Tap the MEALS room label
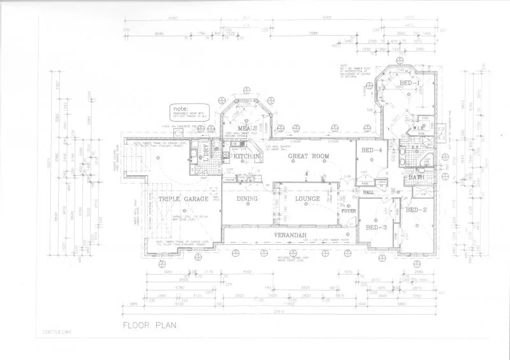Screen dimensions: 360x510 click(247, 128)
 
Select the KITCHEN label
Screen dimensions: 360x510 click(245, 155)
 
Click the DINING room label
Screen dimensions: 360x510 click(247, 199)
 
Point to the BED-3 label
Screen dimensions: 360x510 click(376, 227)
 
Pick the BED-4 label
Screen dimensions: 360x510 click(371, 150)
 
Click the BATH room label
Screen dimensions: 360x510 click(417, 177)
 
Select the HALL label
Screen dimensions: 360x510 click(368, 192)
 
